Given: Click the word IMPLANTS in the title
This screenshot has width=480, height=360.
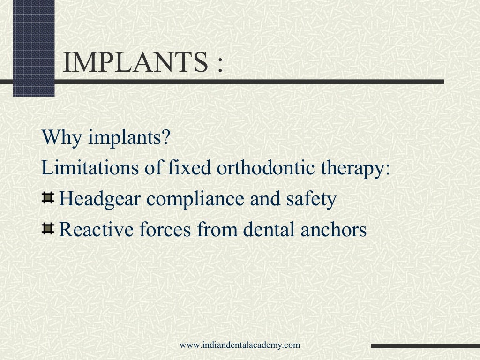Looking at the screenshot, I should pos(135,63).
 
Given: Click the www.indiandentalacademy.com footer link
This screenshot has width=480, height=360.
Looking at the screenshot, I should pos(240,345).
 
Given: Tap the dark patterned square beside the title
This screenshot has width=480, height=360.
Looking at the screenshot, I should pos(33,47).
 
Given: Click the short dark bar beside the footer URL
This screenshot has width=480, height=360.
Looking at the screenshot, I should pos(425,346).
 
